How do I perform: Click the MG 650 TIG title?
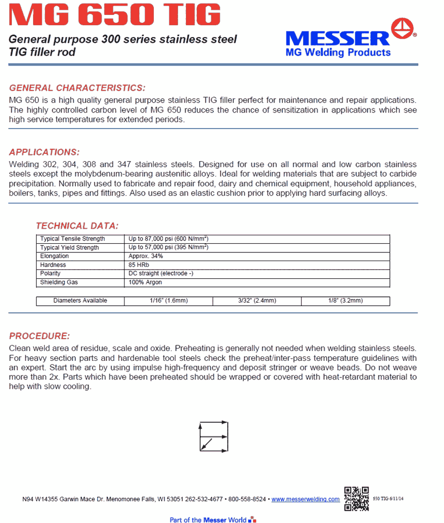[x=115, y=15]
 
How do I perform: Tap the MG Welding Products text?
[x=338, y=53]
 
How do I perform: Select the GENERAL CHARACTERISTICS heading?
[x=77, y=88]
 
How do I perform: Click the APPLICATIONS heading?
[x=44, y=152]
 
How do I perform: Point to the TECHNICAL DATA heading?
[x=77, y=226]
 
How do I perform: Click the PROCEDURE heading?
[x=39, y=336]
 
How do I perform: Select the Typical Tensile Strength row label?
[x=72, y=239]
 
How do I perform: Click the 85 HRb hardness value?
[x=139, y=265]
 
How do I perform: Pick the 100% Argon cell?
[x=145, y=282]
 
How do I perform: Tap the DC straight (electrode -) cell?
[x=161, y=274]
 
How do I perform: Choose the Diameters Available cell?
[x=80, y=301]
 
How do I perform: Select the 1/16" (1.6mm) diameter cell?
[x=168, y=301]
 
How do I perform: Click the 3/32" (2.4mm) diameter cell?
[x=257, y=301]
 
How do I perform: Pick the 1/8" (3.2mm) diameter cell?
[x=345, y=301]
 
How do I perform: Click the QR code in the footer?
[x=356, y=499]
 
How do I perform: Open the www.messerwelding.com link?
[x=306, y=499]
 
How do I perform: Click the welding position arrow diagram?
[x=214, y=437]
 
